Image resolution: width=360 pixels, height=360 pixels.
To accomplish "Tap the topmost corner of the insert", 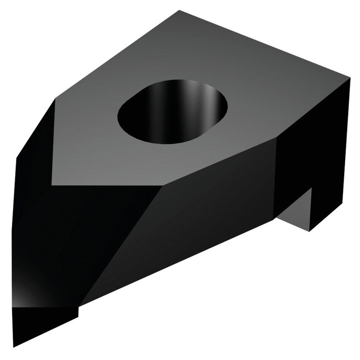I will pos(180,11).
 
